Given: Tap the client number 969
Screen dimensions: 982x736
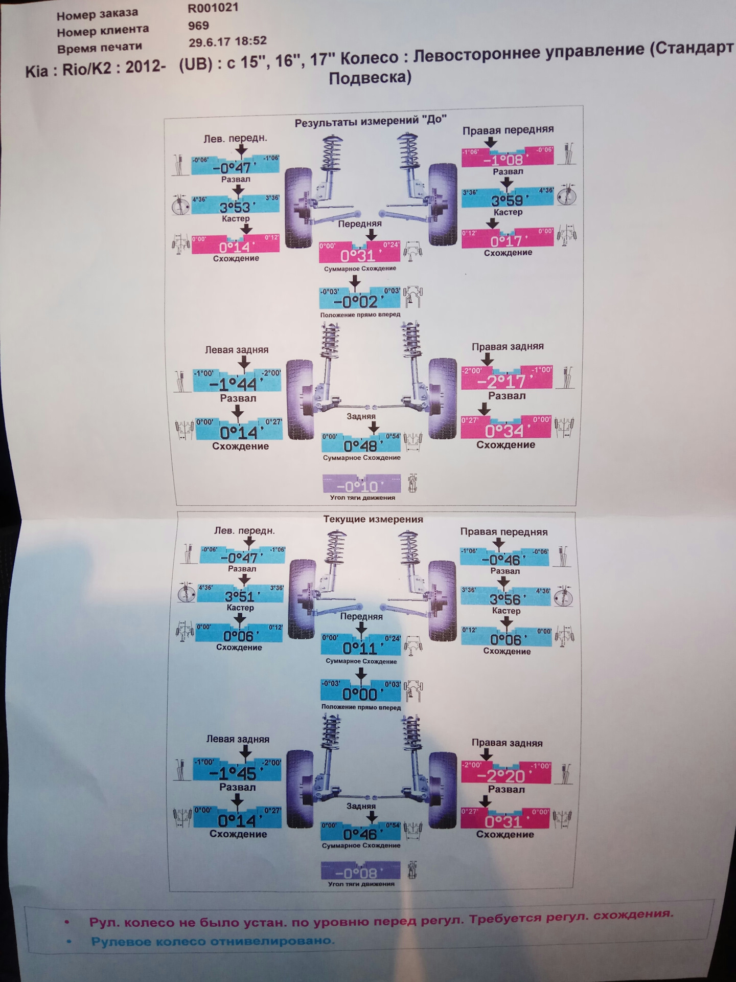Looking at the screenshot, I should coord(198,25).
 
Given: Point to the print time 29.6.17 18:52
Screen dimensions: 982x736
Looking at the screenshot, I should coord(227,42).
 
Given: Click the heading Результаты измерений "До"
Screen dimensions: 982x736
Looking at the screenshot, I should coord(371,121).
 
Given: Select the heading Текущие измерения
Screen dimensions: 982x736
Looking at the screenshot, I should coord(373,519).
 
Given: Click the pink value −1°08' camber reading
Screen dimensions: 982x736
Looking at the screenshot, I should coord(507,160).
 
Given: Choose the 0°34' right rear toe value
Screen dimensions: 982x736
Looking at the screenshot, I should coord(505,431).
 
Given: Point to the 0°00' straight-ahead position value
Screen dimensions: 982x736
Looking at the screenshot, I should coord(360,694).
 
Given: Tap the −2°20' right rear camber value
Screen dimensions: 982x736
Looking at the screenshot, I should coord(505,776).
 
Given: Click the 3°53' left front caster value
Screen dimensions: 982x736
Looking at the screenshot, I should coord(236,207).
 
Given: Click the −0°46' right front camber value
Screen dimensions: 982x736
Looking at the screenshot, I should coord(504,560).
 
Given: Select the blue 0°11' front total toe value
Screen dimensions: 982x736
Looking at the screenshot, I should coord(360,648).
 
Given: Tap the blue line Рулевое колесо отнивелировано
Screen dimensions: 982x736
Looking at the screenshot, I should coord(212,941).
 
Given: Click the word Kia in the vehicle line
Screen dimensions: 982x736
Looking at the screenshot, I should coord(37,71).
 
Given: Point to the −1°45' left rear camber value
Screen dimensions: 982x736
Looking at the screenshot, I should coord(237,773).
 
